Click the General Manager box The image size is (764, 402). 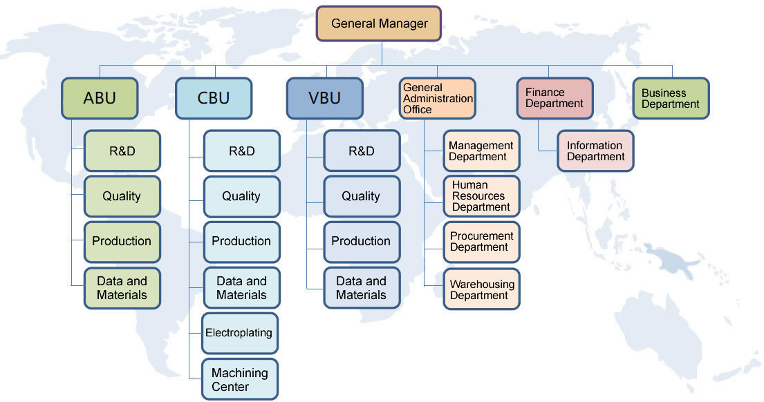379,23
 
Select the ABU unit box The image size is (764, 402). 100,97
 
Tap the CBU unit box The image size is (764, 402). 213,97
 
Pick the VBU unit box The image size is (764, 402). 324,97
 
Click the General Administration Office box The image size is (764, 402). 438,98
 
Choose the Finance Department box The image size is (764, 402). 555,98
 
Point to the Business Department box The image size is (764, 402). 671,98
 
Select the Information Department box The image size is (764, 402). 595,151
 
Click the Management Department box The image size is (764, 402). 481,151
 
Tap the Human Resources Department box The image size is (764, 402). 481,196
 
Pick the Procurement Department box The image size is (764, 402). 481,242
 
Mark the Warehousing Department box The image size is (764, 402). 481,289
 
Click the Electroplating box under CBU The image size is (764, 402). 239,333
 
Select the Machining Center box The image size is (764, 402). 239,379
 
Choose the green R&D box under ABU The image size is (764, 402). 122,151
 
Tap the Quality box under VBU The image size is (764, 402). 361,196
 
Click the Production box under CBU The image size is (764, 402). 241,241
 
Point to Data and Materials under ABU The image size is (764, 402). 122,288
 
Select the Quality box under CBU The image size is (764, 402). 241,196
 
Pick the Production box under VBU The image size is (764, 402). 361,241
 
